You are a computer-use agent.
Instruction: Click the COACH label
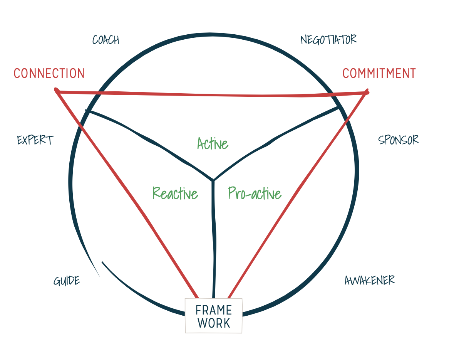pos(106,40)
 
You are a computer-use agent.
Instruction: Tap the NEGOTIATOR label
pos(328,39)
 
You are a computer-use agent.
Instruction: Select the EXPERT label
pos(35,140)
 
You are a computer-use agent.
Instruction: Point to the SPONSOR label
pos(398,140)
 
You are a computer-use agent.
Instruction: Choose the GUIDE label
pos(67,281)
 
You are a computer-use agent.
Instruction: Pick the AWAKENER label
pos(369,280)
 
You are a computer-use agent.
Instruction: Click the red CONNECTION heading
pos(49,73)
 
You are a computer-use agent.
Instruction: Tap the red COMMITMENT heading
pos(379,73)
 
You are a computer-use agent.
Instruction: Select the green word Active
pos(213,144)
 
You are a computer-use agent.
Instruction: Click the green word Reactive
pos(175,193)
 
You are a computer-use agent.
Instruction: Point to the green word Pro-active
pos(255,193)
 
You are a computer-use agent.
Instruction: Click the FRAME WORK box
pos(213,316)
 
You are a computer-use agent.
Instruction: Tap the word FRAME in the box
pos(213,310)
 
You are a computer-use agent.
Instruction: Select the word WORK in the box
pos(214,323)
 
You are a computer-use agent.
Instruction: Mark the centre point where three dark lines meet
pos(213,180)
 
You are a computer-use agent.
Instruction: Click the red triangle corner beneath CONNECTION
pos(57,91)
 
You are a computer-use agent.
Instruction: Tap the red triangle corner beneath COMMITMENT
pos(367,93)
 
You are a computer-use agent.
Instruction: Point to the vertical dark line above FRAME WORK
pos(213,239)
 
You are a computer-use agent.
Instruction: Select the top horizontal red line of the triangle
pos(212,94)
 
